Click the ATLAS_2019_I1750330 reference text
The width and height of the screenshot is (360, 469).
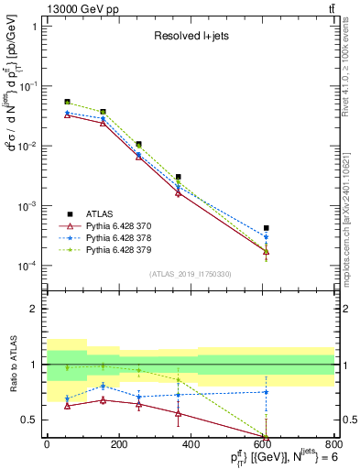pyautogui.click(x=191, y=273)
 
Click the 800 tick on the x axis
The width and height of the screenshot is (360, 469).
pyautogui.click(x=335, y=446)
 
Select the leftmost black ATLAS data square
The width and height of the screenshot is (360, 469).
pyautogui.click(x=67, y=102)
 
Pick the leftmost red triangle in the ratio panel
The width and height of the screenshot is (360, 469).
pyautogui.click(x=67, y=406)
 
